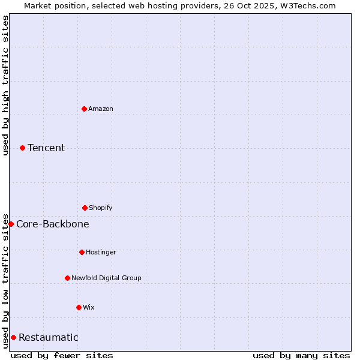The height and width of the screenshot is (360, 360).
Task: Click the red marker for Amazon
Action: coord(84,109)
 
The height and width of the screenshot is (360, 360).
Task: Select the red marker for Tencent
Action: coord(22,148)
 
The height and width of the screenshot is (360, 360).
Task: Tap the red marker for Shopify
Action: coord(85,208)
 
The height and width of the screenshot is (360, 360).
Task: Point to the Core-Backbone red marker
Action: coord(11,224)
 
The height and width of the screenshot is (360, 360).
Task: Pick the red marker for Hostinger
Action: coord(82,252)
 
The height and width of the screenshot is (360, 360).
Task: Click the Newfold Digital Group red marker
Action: coord(67,278)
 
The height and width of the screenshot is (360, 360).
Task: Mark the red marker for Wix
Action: coord(79,307)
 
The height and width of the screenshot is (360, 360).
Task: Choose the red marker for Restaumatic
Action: coord(13,337)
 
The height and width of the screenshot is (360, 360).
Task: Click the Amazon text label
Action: coord(101,109)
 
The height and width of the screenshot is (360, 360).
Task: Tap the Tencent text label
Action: coord(46,148)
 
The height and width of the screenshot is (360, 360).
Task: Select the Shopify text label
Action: coord(101,208)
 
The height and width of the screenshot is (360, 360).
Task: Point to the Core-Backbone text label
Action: coord(53,224)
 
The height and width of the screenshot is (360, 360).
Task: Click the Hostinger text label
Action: coord(101,252)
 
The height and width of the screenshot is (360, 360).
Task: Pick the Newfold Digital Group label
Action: coord(106,278)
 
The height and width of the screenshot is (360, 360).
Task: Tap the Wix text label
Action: coord(89,307)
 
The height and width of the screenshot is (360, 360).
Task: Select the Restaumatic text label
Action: coord(49,337)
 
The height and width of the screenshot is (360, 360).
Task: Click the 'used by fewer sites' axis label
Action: coord(62,355)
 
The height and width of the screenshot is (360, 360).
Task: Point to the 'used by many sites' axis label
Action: coord(301,355)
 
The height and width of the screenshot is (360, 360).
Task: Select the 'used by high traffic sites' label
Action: coord(5,85)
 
